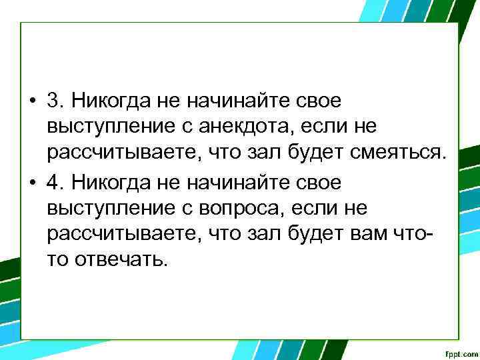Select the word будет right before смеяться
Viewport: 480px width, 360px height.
(332, 154)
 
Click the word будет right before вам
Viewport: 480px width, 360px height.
(332, 234)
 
